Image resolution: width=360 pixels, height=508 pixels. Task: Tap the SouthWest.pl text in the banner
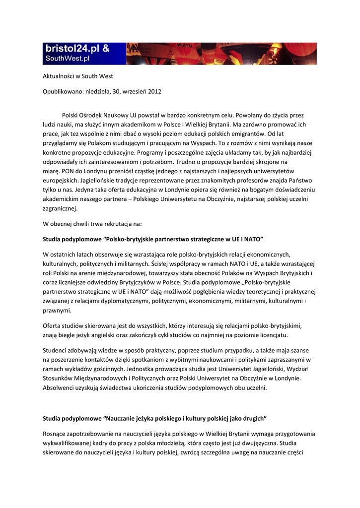click(68, 59)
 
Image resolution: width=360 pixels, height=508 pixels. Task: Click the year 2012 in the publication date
click(154, 91)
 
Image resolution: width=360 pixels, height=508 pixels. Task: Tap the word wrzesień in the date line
click(134, 91)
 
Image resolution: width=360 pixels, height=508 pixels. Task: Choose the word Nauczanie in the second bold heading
click(126, 418)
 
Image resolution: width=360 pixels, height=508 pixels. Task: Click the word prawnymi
click(57, 311)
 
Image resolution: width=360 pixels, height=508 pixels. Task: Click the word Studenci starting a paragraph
click(56, 351)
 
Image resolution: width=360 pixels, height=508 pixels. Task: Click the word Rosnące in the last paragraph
click(56, 434)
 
